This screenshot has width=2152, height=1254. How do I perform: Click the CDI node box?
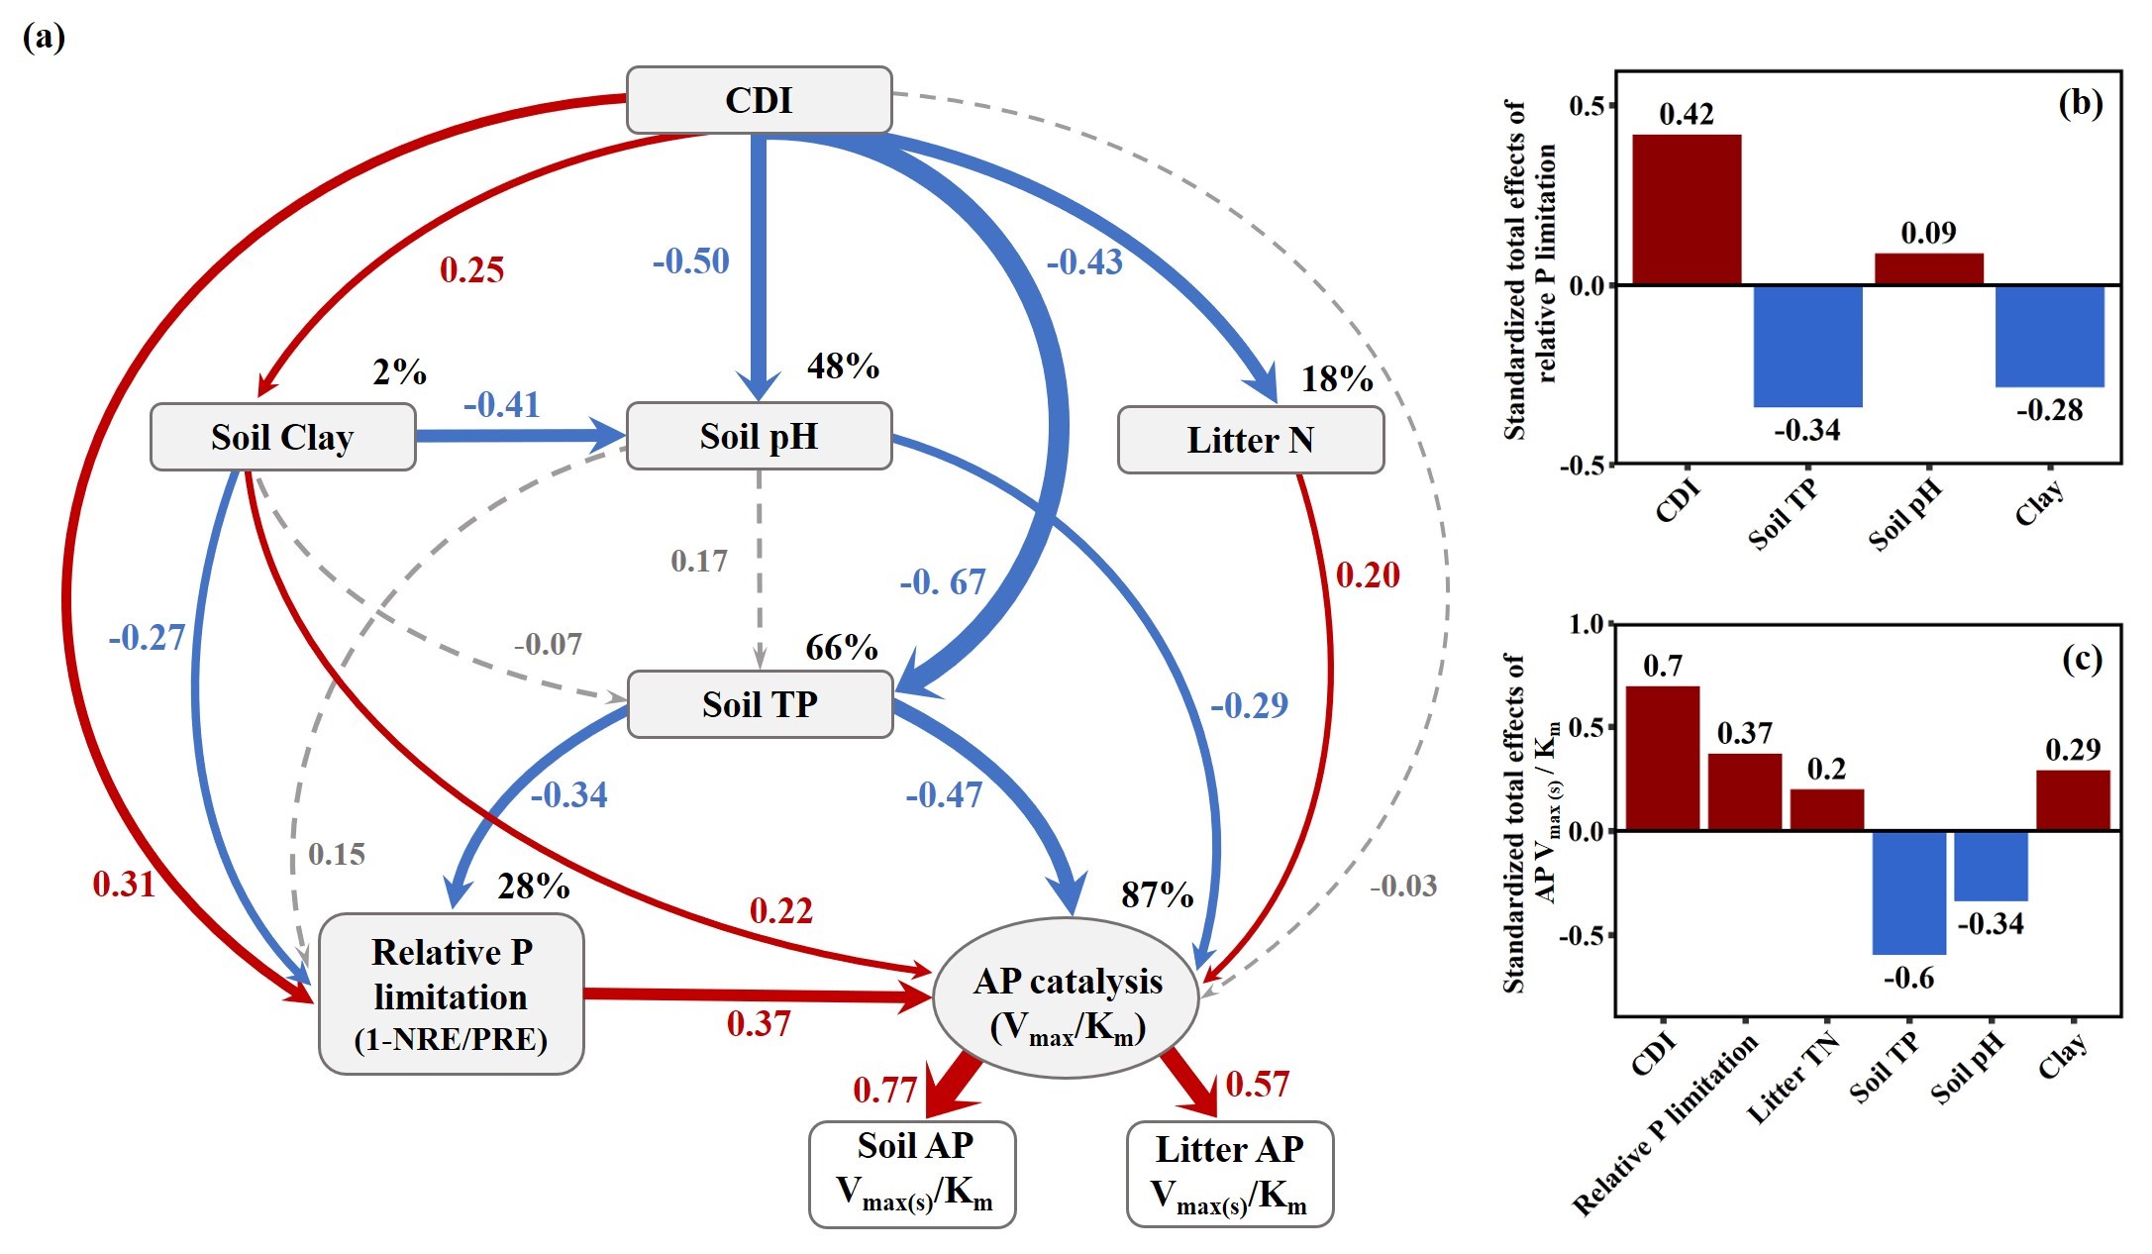click(x=759, y=100)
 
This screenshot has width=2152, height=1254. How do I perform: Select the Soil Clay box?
click(x=282, y=437)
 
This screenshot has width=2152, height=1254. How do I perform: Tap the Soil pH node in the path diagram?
click(x=759, y=436)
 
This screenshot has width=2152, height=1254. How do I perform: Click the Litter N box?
click(x=1250, y=440)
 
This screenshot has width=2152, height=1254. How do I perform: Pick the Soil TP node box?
click(x=760, y=704)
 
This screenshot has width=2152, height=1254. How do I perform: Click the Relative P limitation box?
click(x=451, y=993)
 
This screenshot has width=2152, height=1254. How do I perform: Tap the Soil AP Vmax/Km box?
click(x=912, y=1174)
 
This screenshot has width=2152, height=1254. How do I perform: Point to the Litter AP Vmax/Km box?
click(x=1229, y=1174)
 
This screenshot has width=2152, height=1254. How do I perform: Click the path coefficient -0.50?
click(x=690, y=261)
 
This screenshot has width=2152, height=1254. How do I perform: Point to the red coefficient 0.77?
click(x=884, y=1090)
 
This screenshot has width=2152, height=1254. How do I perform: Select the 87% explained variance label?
click(x=1157, y=895)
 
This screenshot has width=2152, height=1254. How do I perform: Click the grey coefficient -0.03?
click(x=1402, y=886)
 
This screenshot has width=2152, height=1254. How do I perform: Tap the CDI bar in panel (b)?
click(x=1687, y=210)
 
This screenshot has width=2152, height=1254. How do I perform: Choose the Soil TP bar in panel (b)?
click(x=1807, y=346)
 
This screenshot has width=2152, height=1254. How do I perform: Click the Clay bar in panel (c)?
click(x=2073, y=800)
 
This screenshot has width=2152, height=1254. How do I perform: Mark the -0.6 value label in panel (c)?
click(x=1908, y=979)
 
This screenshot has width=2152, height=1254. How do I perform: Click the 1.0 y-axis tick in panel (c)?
click(x=1585, y=624)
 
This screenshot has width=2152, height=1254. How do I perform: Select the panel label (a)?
click(x=44, y=38)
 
